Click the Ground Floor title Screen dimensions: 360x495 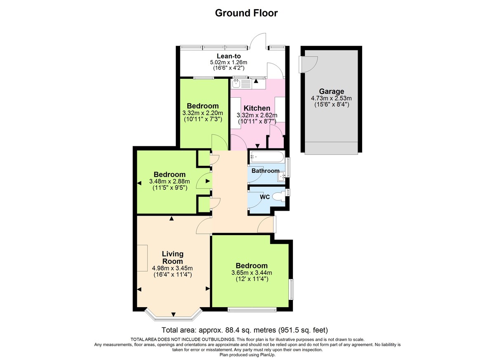(246, 13)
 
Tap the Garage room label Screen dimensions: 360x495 (331, 92)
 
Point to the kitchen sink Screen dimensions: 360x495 (236, 84)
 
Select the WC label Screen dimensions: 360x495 (264, 197)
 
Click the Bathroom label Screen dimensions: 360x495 (265, 171)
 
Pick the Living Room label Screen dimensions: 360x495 (172, 257)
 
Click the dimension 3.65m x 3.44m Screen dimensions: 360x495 (251, 273)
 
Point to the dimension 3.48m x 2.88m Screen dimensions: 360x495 (169, 181)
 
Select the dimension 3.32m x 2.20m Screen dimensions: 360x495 (203, 113)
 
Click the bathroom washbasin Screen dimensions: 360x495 (282, 176)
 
